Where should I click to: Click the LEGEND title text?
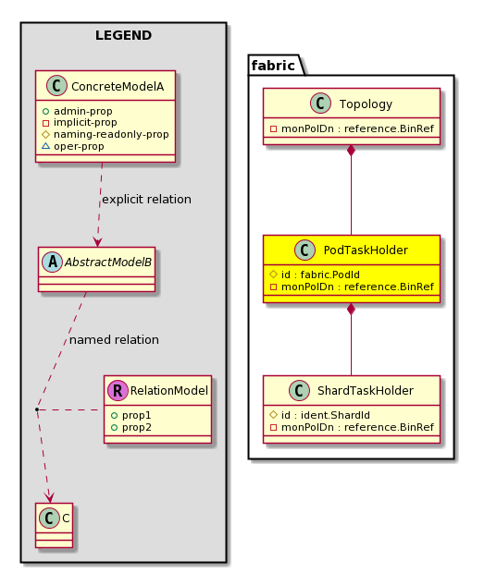123,35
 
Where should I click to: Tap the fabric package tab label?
273,66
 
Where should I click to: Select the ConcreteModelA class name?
118,86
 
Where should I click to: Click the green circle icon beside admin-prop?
45,111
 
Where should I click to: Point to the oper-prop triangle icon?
45,146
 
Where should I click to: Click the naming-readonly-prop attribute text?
111,134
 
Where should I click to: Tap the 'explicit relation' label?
146,200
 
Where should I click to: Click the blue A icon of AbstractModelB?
53,262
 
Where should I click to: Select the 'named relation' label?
114,340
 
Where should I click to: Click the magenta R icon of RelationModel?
118,391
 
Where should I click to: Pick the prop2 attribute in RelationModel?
137,427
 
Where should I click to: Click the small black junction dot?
37,410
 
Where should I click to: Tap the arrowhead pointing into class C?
49,497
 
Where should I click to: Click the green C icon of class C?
49,518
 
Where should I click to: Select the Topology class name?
366,104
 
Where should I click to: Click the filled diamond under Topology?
351,151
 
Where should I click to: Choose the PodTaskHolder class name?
366,250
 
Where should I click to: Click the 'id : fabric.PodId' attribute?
320,275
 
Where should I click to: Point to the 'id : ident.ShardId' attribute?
326,415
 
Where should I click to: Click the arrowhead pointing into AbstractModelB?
98,241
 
